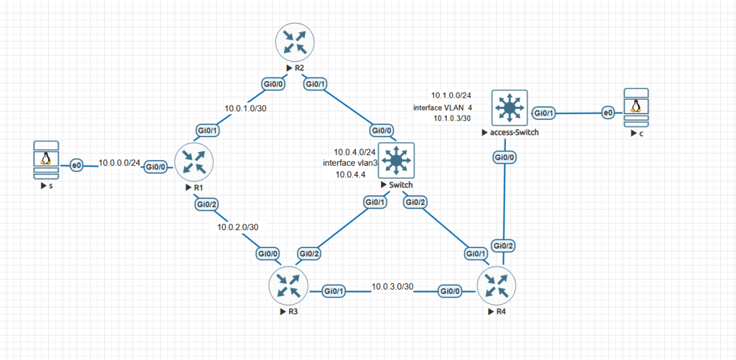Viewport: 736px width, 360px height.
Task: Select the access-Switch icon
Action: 509,108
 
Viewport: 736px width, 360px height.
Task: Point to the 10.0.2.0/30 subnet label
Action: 239,227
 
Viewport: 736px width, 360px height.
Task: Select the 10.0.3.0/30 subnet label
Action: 392,287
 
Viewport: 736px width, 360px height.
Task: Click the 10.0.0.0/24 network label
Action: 119,163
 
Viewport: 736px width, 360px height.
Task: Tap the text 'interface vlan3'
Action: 351,163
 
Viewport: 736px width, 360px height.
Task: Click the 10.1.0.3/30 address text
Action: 452,119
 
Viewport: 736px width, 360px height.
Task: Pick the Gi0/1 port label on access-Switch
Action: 543,113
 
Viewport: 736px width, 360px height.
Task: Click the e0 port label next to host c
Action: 608,113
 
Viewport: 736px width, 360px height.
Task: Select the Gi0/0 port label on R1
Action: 156,167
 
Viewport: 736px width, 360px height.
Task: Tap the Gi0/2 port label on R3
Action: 309,254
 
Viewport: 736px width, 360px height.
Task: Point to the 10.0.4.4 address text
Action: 350,174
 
